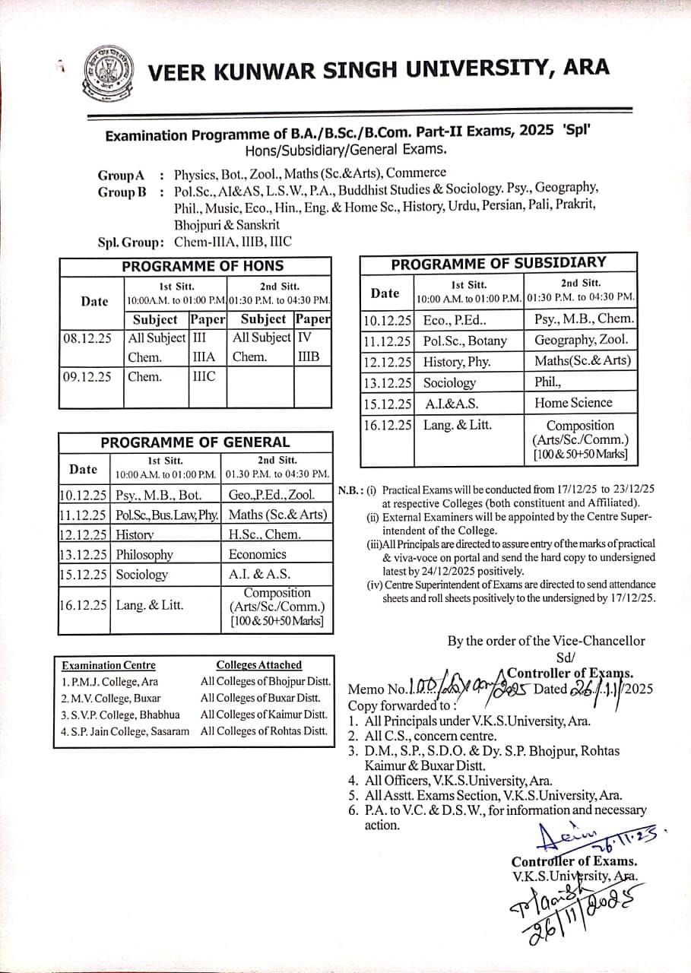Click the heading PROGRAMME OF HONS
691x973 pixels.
(202, 266)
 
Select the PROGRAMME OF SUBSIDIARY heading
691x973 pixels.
(498, 263)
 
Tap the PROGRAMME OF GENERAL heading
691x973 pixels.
(195, 442)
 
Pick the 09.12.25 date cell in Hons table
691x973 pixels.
(87, 376)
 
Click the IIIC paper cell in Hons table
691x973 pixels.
(203, 376)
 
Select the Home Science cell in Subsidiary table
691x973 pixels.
(572, 403)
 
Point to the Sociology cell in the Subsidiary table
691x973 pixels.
(449, 383)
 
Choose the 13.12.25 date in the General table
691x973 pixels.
(84, 555)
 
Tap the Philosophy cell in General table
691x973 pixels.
(144, 555)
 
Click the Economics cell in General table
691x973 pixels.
(258, 554)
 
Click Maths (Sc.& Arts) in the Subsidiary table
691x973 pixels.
(582, 361)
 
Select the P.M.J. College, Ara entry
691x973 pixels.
(109, 682)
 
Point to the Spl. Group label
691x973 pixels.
(131, 242)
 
